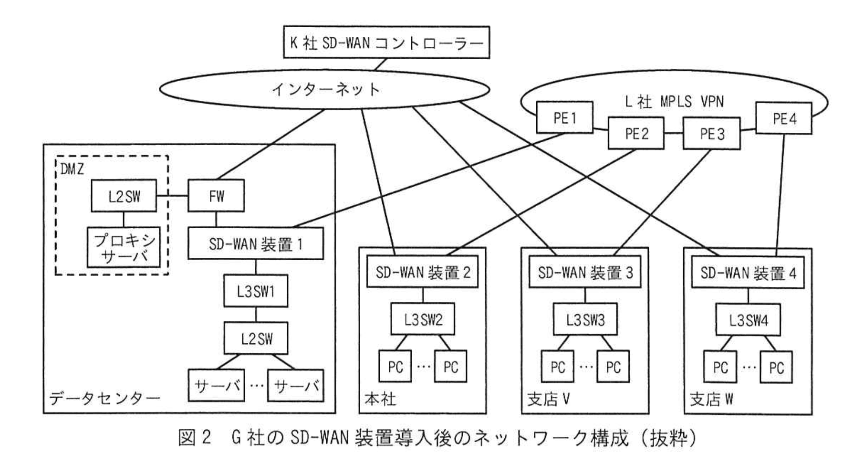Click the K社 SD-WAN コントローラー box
point(386,42)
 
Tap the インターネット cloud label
point(325,89)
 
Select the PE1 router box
point(564,117)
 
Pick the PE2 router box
point(636,133)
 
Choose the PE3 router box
point(711,134)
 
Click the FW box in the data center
point(216,196)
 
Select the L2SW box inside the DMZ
point(124,196)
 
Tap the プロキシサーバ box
point(124,247)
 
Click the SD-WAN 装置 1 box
point(255,244)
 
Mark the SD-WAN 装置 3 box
point(585,273)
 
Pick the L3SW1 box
point(256,291)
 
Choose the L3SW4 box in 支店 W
point(748,320)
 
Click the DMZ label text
point(73,169)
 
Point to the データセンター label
point(104,399)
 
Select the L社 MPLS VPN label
point(674,101)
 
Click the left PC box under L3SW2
point(395,367)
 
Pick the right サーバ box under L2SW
point(296,385)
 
